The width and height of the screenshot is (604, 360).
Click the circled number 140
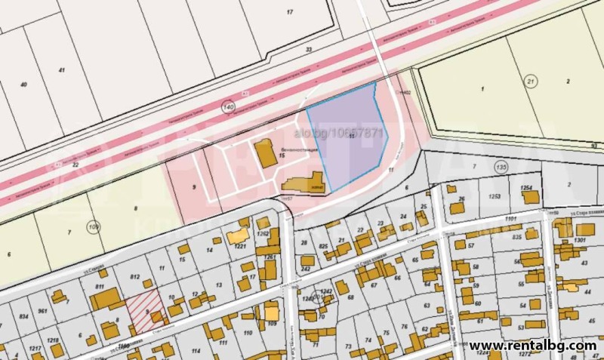[228, 108]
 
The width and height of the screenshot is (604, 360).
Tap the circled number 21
[532, 81]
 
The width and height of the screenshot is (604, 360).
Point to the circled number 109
[94, 226]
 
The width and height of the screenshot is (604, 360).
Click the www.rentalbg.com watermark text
[533, 346]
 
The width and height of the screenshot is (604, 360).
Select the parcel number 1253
[495, 195]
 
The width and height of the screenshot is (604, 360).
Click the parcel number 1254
[526, 187]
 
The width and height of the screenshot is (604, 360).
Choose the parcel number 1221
[241, 247]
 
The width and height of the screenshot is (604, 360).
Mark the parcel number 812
[135, 278]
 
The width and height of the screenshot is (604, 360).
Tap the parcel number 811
[100, 288]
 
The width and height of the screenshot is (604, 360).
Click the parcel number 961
[42, 311]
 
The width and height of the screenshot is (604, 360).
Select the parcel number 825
[322, 247]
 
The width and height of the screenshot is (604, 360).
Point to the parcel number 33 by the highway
[308, 50]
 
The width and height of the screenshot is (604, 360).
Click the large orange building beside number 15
[265, 154]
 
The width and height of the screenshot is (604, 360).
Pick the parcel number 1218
[54, 341]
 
